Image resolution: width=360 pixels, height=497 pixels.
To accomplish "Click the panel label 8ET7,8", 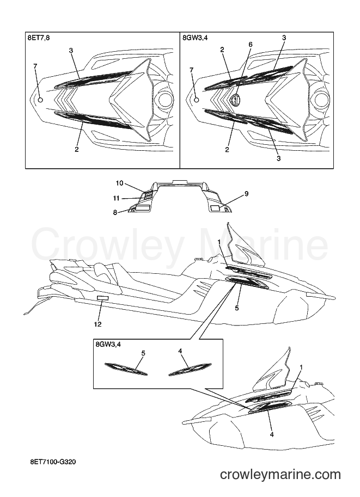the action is click(39, 38).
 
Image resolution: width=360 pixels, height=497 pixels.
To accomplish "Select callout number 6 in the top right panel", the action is click(250, 45).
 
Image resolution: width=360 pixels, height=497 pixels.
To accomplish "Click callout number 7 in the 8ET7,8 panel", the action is click(35, 66).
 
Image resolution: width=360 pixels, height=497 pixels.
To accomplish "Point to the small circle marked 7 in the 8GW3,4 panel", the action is click(196, 100).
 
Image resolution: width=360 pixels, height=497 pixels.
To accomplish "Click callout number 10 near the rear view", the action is click(119, 183).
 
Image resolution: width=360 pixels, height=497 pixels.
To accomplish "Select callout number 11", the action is click(116, 199).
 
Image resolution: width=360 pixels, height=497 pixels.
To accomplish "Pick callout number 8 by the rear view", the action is click(115, 213).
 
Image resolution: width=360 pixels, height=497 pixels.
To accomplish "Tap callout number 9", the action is click(247, 194).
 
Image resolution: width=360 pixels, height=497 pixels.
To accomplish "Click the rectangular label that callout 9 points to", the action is click(216, 208).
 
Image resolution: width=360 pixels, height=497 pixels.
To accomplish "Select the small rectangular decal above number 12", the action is click(102, 298).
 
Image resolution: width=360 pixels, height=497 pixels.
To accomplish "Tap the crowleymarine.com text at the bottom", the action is click(280, 475).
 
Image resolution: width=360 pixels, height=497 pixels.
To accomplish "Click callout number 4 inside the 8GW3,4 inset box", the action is click(180, 351).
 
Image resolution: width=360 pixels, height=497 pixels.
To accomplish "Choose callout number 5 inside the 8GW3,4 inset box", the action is click(143, 353).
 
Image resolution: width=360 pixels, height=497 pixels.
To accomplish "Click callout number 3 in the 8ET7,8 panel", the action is click(71, 51).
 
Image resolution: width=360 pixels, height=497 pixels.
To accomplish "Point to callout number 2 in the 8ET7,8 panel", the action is click(77, 149).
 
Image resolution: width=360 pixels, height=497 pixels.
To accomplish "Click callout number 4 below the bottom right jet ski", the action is click(272, 434).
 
